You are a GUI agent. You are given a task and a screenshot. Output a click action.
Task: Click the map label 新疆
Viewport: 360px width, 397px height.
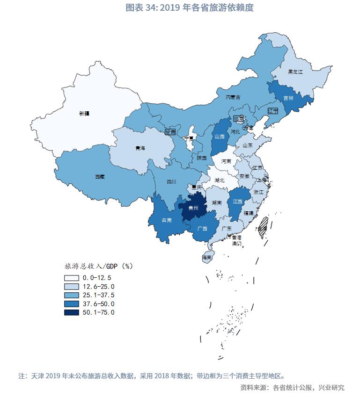pyautogui.click(x=84, y=114)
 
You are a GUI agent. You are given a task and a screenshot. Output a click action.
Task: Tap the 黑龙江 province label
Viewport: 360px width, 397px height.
pyautogui.click(x=295, y=72)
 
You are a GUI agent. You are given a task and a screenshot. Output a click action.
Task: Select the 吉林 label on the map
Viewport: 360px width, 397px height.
pyautogui.click(x=289, y=98)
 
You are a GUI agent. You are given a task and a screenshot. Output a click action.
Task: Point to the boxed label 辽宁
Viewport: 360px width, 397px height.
pyautogui.click(x=273, y=110)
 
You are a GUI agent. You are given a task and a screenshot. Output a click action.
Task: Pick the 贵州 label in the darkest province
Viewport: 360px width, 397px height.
pyautogui.click(x=193, y=208)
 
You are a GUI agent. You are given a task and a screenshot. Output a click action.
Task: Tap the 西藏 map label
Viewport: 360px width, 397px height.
pyautogui.click(x=100, y=177)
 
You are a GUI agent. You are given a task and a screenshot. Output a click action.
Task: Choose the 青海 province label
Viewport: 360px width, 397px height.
pyautogui.click(x=140, y=148)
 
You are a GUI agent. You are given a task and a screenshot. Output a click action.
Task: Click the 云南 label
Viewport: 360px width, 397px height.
pyautogui.click(x=166, y=220)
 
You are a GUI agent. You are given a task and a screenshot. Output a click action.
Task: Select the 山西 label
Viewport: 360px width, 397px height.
pyautogui.click(x=220, y=137)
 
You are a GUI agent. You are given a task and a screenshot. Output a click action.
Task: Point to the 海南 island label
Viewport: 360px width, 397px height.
pyautogui.click(x=207, y=258)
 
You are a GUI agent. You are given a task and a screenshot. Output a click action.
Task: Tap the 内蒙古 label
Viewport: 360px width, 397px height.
pyautogui.click(x=233, y=97)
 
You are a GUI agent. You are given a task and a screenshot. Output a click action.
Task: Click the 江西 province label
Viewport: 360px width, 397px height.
pyautogui.click(x=237, y=202)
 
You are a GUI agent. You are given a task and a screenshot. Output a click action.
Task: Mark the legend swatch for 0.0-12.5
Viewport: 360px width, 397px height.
pyautogui.click(x=72, y=278)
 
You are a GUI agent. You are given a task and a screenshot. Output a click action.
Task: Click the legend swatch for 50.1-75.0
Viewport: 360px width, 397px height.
pyautogui.click(x=72, y=312)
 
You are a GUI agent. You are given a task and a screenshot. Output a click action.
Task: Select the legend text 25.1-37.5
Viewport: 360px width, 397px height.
pyautogui.click(x=98, y=295)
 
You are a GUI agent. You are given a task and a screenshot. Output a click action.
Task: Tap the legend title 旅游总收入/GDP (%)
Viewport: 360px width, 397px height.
pyautogui.click(x=98, y=266)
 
